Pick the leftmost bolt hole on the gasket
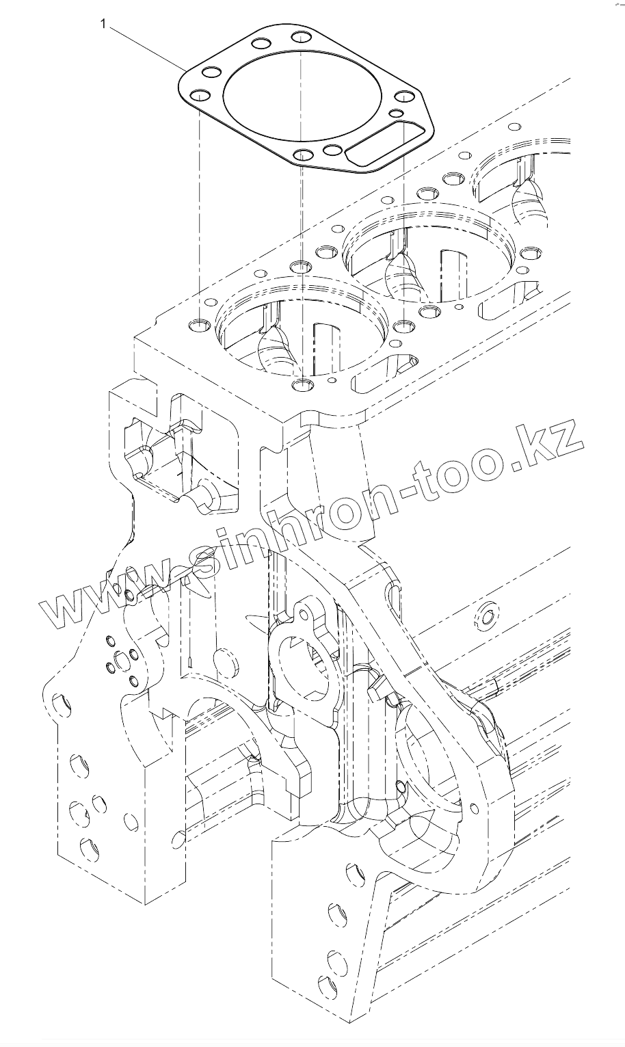pos(198,96)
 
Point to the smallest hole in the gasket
pos(395,112)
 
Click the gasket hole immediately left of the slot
pos(333,150)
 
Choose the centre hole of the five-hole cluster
pos(122,660)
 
